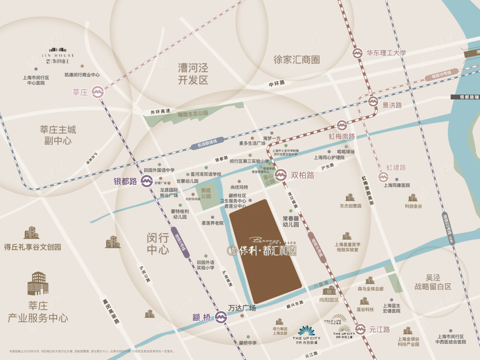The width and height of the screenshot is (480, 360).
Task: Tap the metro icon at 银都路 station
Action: tap(145, 181)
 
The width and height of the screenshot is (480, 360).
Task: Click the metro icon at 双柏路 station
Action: tap(281, 175)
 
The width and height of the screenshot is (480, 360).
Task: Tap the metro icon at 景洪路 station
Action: tap(373, 102)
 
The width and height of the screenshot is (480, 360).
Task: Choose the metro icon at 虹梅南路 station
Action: tap(342, 125)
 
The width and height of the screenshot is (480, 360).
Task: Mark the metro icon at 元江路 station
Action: tap(361, 329)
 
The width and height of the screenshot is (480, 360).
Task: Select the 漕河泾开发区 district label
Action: tap(193, 74)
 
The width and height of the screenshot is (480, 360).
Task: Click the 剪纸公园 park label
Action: tap(206, 194)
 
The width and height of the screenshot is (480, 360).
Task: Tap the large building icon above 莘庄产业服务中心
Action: tap(38, 283)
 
